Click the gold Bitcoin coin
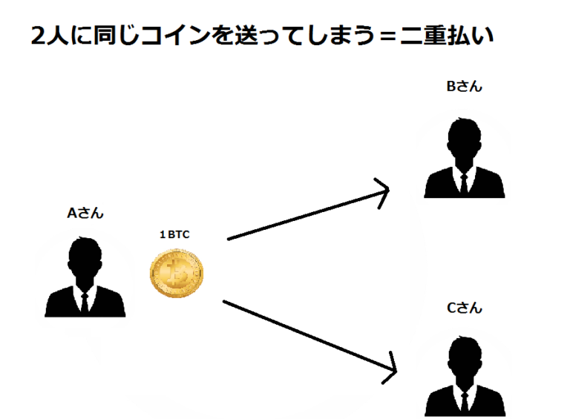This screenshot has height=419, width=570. coord(177,272)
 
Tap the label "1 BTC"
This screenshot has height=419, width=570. coord(175,235)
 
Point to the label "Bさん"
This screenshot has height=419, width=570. coord(464,87)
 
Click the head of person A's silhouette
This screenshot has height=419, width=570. coord(85,257)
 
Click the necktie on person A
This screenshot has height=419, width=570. coord(85,300)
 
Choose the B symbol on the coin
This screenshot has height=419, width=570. coord(177,273)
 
